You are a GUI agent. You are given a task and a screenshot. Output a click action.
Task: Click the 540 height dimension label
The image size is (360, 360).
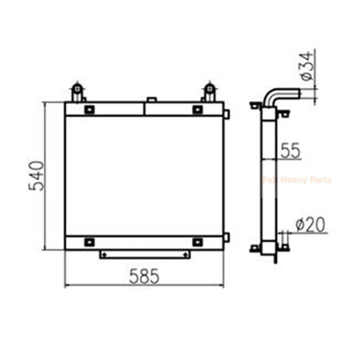coord(35,175)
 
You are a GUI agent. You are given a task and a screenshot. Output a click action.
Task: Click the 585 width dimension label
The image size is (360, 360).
coord(145,276)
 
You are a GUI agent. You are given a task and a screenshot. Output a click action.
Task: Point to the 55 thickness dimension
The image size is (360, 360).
coord(290,150)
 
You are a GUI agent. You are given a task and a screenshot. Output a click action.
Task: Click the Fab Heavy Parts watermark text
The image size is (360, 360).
coord(297,180)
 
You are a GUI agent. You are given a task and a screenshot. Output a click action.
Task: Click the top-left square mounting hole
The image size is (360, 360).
coord(89,109)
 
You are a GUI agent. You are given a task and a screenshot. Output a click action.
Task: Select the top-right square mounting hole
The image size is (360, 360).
coord(197,109)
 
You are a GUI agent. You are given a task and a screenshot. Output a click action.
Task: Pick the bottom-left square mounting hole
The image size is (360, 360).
coord(89,242)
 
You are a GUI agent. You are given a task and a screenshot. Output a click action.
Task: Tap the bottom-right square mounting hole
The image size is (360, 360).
coord(197,242)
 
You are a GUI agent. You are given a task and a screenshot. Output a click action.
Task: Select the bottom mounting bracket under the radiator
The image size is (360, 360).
coord(145,255)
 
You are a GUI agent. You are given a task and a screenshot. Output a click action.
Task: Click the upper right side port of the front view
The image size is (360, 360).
coord(226,114)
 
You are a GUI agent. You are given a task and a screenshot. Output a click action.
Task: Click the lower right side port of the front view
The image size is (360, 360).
coord(226,237)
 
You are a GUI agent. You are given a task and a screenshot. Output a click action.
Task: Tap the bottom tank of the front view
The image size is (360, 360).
coord(145,242)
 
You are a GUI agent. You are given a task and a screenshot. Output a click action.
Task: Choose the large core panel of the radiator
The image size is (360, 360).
coord(145,175)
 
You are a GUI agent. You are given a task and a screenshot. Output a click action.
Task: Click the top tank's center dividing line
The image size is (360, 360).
coord(145,109)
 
